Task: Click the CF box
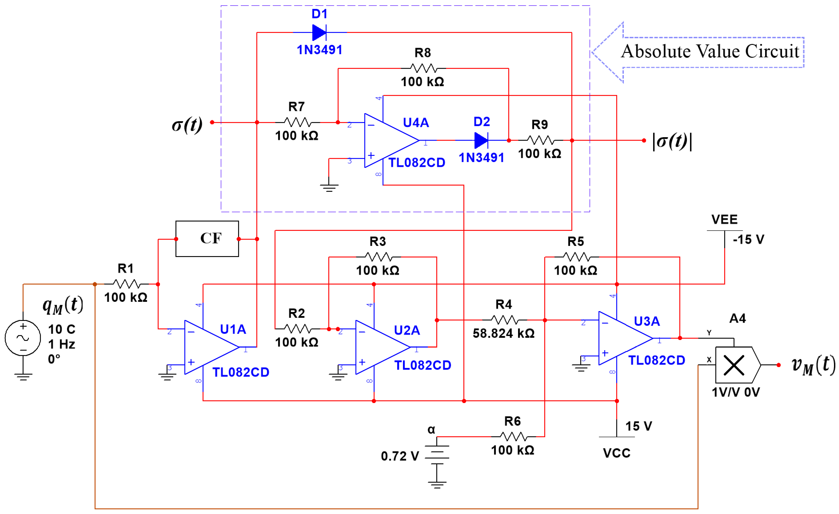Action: pyautogui.click(x=207, y=239)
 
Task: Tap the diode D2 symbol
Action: pyautogui.click(x=481, y=140)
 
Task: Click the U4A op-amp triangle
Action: pyautogui.click(x=388, y=140)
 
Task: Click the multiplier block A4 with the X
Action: pyautogui.click(x=736, y=365)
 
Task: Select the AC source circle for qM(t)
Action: pyautogui.click(x=23, y=338)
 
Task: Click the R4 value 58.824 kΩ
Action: pyautogui.click(x=503, y=333)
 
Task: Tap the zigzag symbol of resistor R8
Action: pyautogui.click(x=423, y=68)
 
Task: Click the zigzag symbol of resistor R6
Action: pyautogui.click(x=513, y=436)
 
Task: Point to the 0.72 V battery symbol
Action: pyautogui.click(x=437, y=454)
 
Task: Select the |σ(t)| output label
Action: pyautogui.click(x=672, y=141)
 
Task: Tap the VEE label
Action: pyautogui.click(x=724, y=220)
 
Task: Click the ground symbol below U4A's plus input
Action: pyautogui.click(x=329, y=187)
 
